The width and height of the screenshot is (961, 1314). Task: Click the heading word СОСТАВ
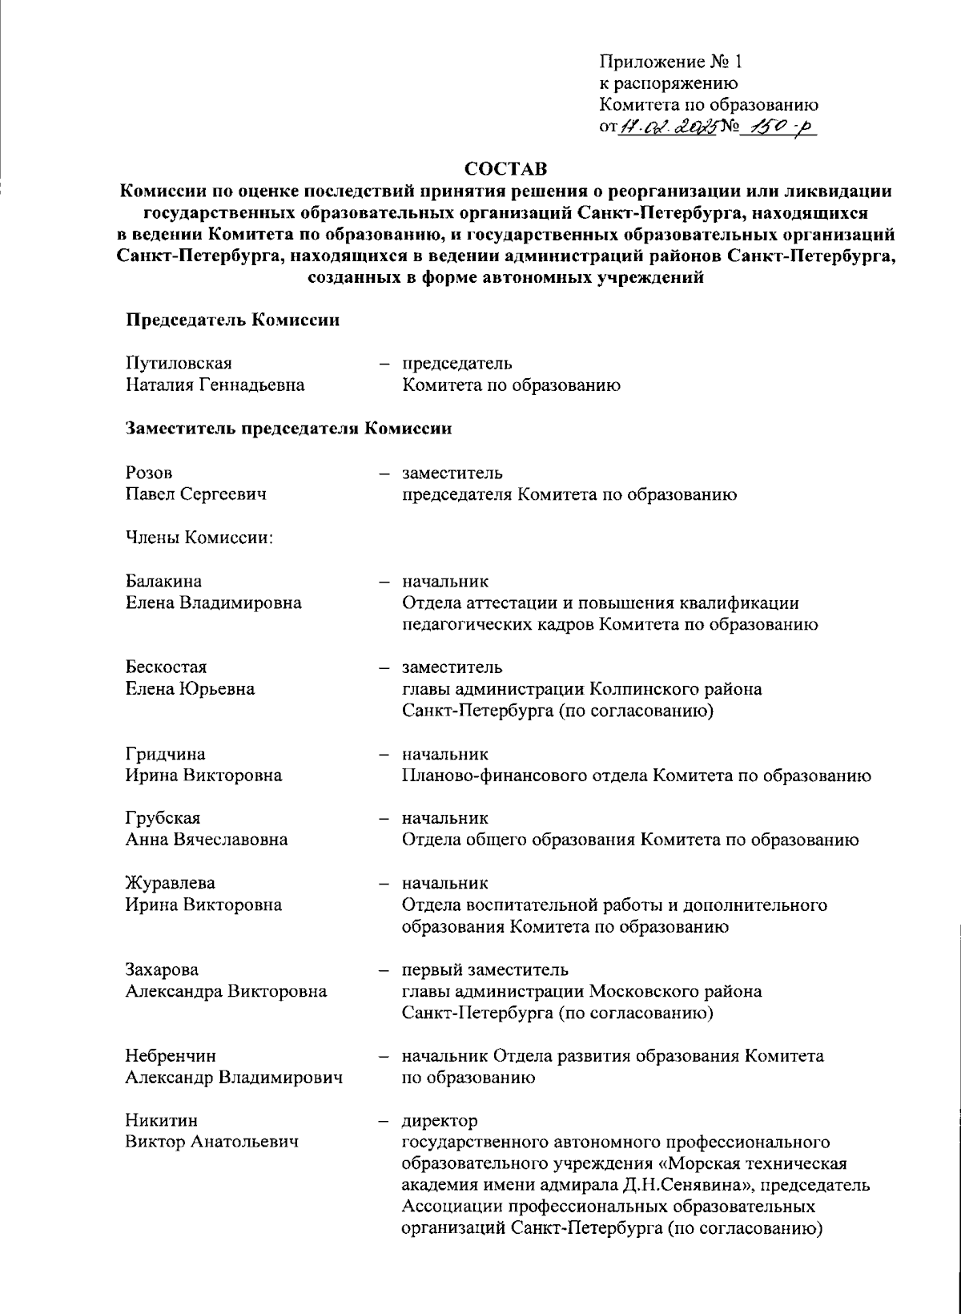[x=506, y=170]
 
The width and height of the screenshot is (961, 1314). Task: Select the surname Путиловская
[x=179, y=364]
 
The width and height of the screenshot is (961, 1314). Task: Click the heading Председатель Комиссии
[x=232, y=320]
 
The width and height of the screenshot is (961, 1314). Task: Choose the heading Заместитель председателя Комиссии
[x=288, y=429]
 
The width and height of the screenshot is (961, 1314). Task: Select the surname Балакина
[x=163, y=581]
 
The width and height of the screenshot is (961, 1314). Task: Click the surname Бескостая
[x=166, y=667]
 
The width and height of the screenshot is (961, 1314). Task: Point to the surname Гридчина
[x=165, y=754]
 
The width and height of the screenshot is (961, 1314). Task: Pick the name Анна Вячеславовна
[x=206, y=840]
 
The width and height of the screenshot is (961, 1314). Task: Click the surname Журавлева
[x=170, y=883]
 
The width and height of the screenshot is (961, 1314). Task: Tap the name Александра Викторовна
[x=226, y=991]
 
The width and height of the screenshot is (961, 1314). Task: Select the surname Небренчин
[x=171, y=1056]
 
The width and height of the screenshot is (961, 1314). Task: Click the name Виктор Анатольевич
[x=211, y=1142]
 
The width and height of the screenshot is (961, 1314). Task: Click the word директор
[x=440, y=1120]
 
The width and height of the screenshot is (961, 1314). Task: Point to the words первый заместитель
[x=485, y=969]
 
